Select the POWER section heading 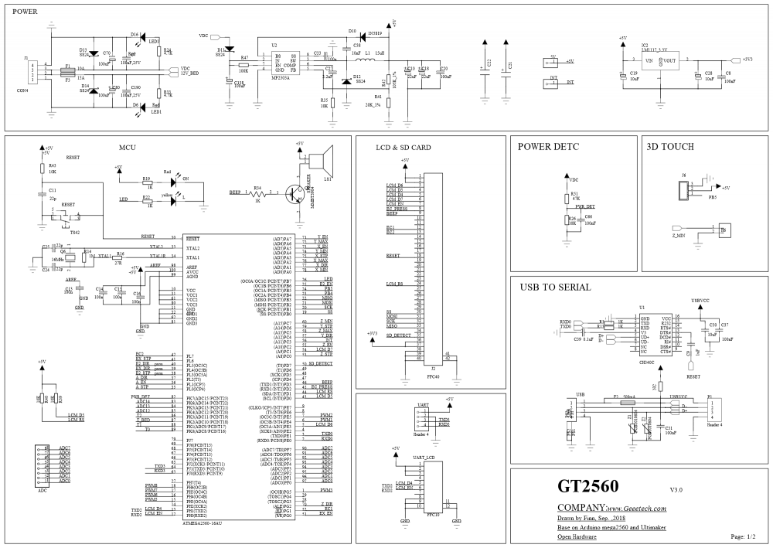pos(26,12)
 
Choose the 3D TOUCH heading pos(669,146)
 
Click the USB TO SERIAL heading pos(555,287)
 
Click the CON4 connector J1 pos(32,73)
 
